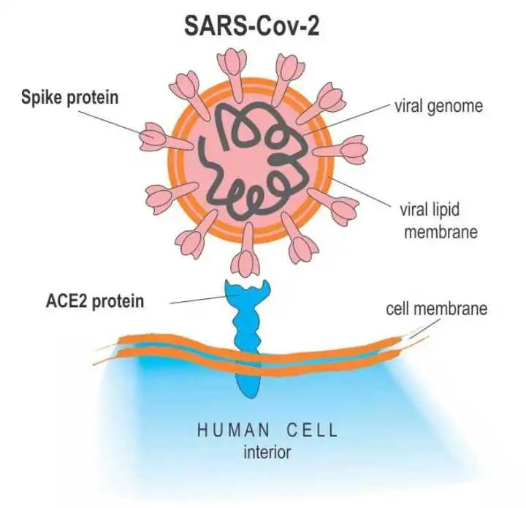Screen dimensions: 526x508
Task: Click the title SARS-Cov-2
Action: (251, 26)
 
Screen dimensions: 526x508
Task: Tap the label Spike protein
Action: (70, 98)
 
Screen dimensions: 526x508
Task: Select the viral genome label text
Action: (439, 107)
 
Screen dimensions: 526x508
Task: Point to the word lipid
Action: (444, 210)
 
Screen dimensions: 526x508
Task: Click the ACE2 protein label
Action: (95, 301)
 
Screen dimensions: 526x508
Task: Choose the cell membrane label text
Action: (436, 308)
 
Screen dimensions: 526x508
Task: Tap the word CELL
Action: (312, 431)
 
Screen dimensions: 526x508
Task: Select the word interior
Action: (267, 452)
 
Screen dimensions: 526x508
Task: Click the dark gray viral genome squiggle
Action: (254, 159)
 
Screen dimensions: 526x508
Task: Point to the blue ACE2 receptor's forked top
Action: (247, 289)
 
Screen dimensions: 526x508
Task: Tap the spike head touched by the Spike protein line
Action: (153, 137)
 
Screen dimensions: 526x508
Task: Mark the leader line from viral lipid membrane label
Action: (359, 190)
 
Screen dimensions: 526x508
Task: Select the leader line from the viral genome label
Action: (346, 119)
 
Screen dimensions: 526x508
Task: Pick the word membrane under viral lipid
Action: (441, 232)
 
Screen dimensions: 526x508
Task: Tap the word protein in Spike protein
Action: (93, 99)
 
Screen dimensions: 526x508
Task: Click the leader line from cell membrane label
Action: (425, 327)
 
